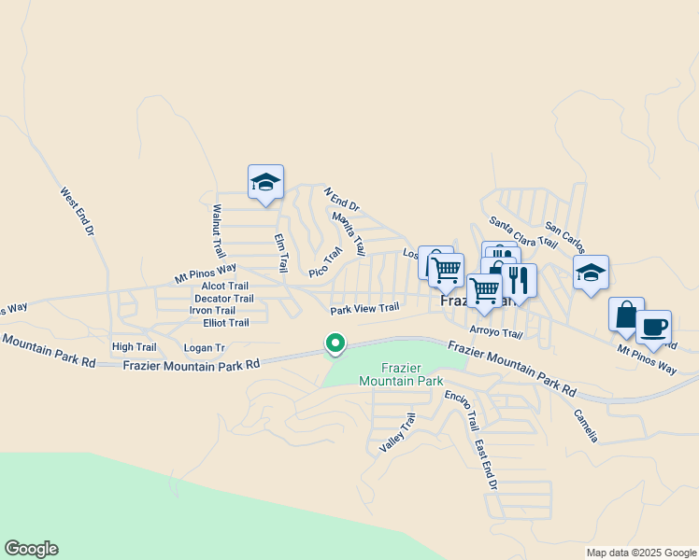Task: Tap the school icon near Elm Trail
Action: point(265,182)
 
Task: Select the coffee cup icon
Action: point(654,328)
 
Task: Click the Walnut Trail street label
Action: point(219,231)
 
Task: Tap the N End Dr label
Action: point(342,199)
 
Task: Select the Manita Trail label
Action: point(348,233)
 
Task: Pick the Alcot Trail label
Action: point(225,287)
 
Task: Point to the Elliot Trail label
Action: point(226,323)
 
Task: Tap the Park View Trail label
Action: point(364,308)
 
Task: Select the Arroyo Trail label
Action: point(495,333)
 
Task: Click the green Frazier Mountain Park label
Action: point(401,374)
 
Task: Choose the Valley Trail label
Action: point(397,434)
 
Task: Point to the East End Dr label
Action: point(484,465)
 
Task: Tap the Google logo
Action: point(31,549)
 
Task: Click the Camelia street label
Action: point(585,426)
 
